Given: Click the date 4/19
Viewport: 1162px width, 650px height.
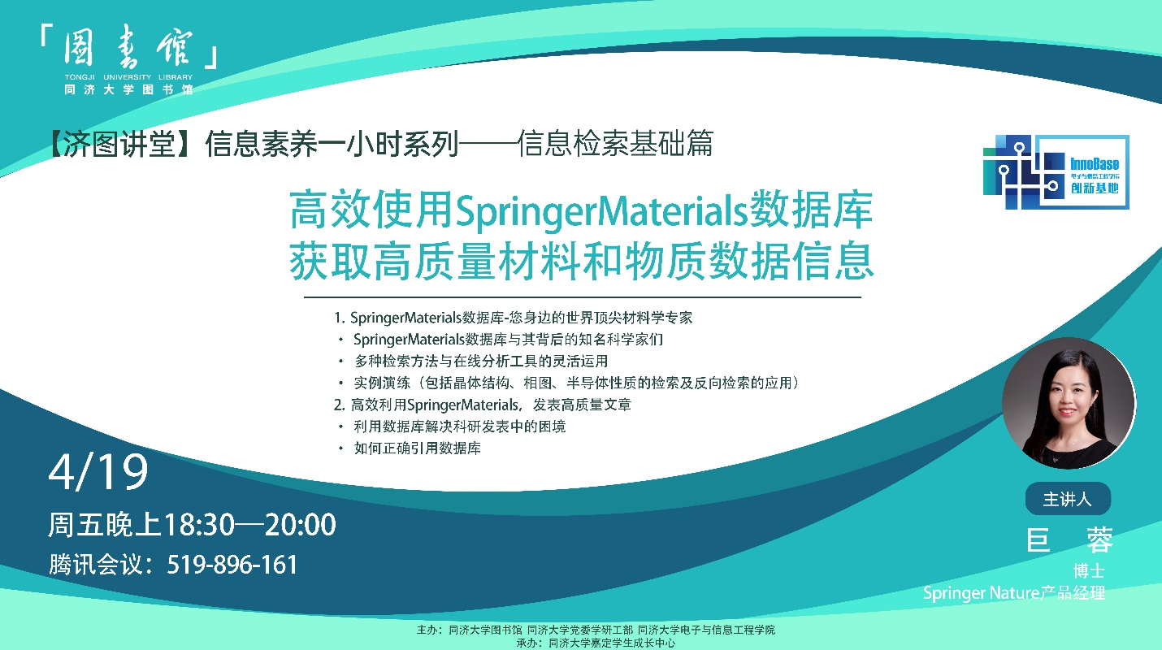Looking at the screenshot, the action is pyautogui.click(x=98, y=472).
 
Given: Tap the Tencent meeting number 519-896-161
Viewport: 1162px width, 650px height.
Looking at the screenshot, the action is pyautogui.click(x=232, y=565).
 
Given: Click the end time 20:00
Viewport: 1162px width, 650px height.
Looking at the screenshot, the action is pyautogui.click(x=301, y=524).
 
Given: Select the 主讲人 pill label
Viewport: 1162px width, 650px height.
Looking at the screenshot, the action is pyautogui.click(x=1068, y=499).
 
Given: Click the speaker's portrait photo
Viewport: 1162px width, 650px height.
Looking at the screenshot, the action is pyautogui.click(x=1069, y=404).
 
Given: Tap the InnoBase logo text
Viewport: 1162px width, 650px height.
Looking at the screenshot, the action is pyautogui.click(x=1095, y=164).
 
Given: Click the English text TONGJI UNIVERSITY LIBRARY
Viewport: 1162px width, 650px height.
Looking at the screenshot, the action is pyautogui.click(x=128, y=76).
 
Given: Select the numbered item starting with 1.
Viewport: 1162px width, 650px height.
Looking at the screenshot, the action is pyautogui.click(x=513, y=318).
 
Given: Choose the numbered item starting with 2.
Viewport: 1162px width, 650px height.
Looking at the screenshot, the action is pyautogui.click(x=483, y=405).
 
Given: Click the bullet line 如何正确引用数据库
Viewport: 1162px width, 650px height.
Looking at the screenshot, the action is pyautogui.click(x=417, y=448).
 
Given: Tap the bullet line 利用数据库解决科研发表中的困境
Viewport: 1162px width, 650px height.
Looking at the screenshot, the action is pyautogui.click(x=460, y=427).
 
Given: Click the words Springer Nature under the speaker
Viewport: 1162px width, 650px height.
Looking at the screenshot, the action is pyautogui.click(x=981, y=593).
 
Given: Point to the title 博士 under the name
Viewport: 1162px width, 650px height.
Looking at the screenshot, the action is pyautogui.click(x=1089, y=571).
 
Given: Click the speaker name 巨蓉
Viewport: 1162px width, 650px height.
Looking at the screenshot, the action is pyautogui.click(x=1069, y=540).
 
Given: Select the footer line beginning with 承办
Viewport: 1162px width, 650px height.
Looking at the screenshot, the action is pyautogui.click(x=596, y=643).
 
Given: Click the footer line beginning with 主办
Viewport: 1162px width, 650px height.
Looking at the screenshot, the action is pyautogui.click(x=596, y=630).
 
